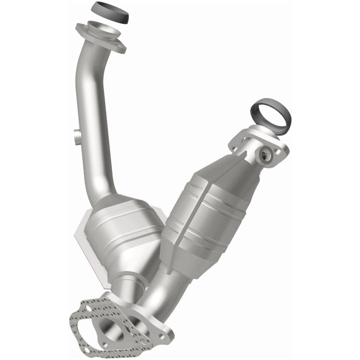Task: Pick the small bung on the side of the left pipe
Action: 76,135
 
